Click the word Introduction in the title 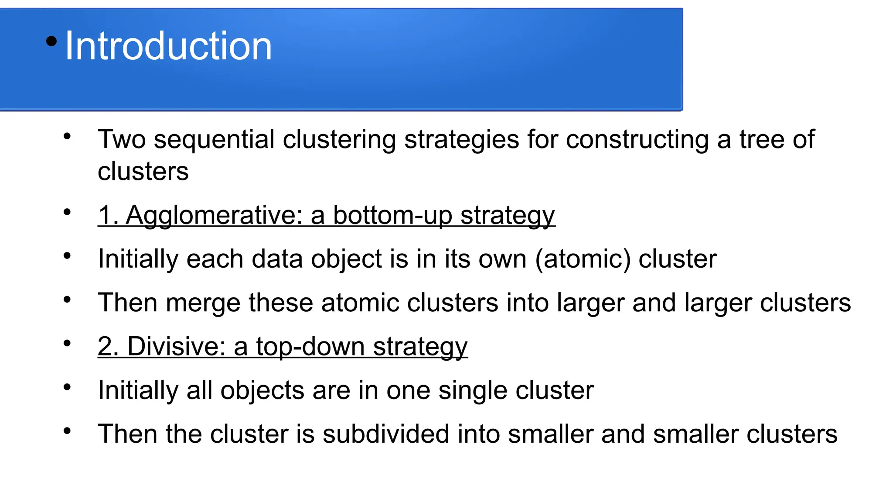[x=168, y=46]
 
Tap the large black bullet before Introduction [x=51, y=41]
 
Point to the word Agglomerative [x=214, y=215]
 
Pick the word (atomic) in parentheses [x=583, y=259]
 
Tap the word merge [x=203, y=303]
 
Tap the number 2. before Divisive [x=108, y=346]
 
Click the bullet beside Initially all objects [x=67, y=387]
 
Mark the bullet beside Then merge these [x=67, y=300]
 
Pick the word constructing [x=637, y=139]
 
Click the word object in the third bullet [x=346, y=259]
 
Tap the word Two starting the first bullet [x=122, y=139]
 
